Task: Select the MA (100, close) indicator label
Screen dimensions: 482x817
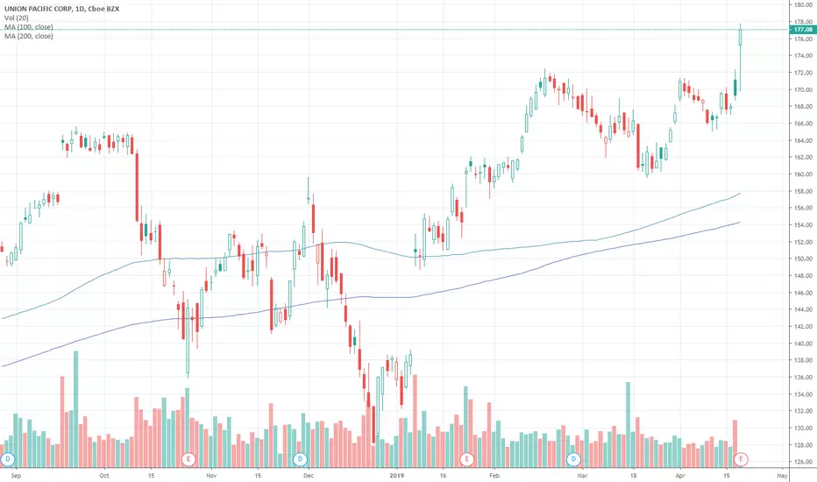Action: coord(27,28)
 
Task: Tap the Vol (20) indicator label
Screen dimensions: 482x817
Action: coord(15,18)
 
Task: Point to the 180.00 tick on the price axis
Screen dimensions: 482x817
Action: coord(799,5)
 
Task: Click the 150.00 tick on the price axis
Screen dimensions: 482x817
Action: coord(799,259)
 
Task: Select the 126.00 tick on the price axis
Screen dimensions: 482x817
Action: coord(799,462)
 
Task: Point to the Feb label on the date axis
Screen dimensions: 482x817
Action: coord(494,477)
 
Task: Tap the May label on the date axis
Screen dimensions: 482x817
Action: coord(784,477)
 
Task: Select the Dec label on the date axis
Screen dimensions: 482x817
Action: coord(308,477)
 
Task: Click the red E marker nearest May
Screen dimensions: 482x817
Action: coord(742,458)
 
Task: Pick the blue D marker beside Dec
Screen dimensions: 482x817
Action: coord(301,458)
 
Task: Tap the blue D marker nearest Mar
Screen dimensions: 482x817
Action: coord(573,458)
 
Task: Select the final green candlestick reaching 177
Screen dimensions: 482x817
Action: coord(741,37)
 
